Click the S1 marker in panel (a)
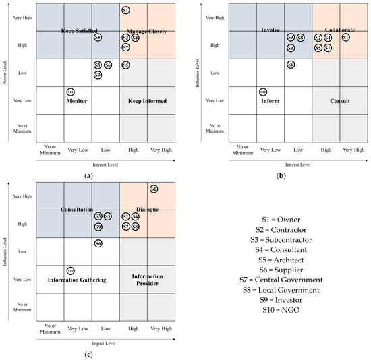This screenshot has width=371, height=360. point(126,10)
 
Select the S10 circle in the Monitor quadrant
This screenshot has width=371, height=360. point(71,92)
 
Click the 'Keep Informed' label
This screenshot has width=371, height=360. point(146,101)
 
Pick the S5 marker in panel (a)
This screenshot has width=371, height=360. point(126,65)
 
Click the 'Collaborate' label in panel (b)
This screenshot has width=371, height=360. point(339,30)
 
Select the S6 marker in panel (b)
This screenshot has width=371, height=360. point(291,65)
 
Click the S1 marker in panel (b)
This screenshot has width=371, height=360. point(346,38)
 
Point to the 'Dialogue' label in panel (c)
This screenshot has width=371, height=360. point(146,210)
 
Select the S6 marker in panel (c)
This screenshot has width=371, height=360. point(98,243)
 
